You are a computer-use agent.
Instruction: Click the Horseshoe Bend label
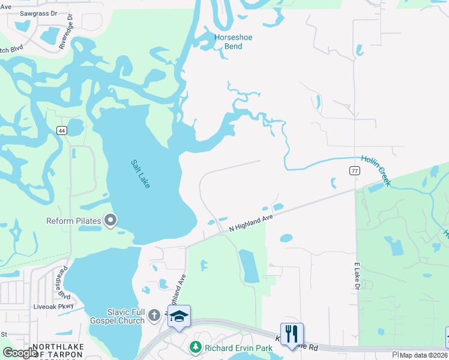[x=234, y=41]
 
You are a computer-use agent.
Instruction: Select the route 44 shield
[x=62, y=130]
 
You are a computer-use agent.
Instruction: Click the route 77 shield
[x=354, y=170]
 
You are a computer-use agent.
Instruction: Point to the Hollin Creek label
[x=376, y=170]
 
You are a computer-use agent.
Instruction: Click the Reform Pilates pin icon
[x=110, y=221]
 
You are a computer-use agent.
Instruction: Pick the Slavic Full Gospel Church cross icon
[x=154, y=315]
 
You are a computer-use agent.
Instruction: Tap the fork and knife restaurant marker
[x=292, y=334]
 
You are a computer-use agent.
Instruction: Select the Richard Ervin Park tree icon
[x=195, y=347]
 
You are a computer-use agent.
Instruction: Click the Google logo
[x=20, y=353]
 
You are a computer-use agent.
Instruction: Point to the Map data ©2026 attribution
[x=424, y=355]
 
